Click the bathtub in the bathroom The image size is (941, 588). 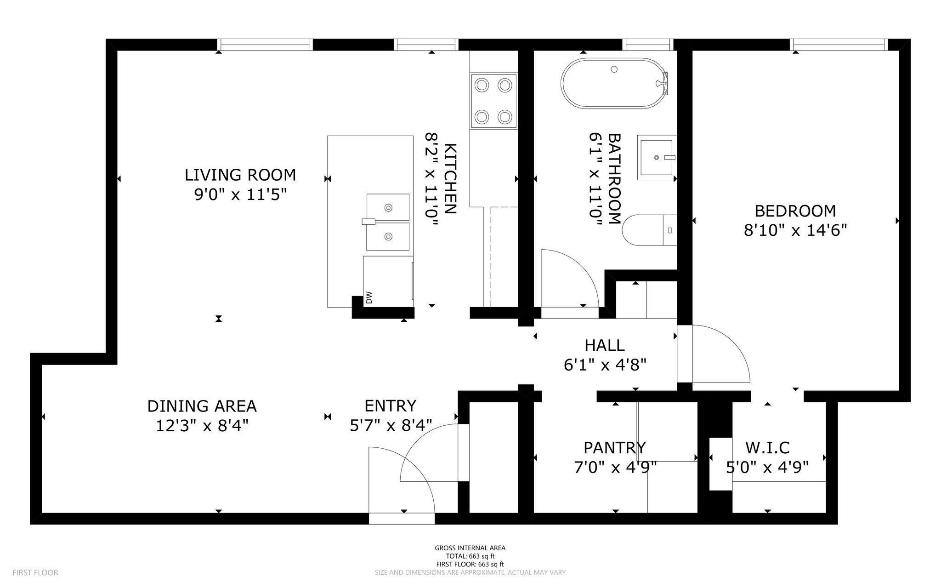click(x=614, y=83)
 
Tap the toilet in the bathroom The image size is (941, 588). click(x=649, y=230)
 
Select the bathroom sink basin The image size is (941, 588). click(x=657, y=157)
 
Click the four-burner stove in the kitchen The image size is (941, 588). click(x=493, y=101)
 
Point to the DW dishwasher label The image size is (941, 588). click(x=368, y=298)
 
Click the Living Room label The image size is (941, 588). click(x=240, y=175)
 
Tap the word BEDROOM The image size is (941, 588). click(x=795, y=211)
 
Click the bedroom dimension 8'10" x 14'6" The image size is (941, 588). click(x=795, y=230)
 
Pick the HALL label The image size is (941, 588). click(x=605, y=345)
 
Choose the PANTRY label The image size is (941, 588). click(x=615, y=447)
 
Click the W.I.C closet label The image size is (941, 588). click(x=767, y=447)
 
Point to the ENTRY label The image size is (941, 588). click(x=391, y=406)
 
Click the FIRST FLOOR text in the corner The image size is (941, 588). click(x=35, y=573)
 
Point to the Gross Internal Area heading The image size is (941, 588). click(x=470, y=548)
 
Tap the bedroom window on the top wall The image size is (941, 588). click(x=839, y=45)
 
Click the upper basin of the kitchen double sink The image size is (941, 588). click(x=388, y=207)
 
